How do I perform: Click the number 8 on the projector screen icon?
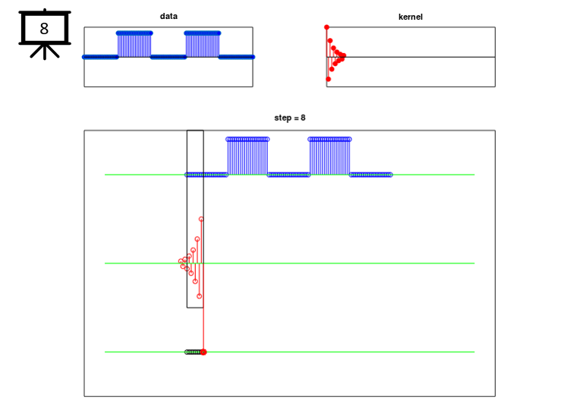tap(44, 28)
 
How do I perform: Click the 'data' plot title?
tap(168, 16)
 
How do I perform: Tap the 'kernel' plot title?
tap(411, 17)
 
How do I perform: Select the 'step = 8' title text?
tap(290, 118)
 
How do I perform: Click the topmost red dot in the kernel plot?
tap(326, 27)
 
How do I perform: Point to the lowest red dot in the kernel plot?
tap(329, 79)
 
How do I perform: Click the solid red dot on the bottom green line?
tap(203, 352)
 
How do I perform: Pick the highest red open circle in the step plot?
tap(201, 219)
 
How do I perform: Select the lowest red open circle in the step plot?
tap(200, 296)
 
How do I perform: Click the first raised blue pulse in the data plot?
tap(134, 45)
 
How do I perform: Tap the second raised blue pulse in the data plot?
tap(203, 45)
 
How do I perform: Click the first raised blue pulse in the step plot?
tap(247, 156)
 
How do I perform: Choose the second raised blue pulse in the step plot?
tap(329, 156)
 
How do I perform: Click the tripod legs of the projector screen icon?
tap(45, 52)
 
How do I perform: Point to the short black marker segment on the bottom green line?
tap(194, 352)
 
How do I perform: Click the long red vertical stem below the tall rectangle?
tap(203, 329)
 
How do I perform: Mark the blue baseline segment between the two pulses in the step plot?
tap(288, 175)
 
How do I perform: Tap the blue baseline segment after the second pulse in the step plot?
tap(370, 175)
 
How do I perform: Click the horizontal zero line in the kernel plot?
tap(411, 57)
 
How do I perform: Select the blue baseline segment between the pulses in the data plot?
tap(168, 57)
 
